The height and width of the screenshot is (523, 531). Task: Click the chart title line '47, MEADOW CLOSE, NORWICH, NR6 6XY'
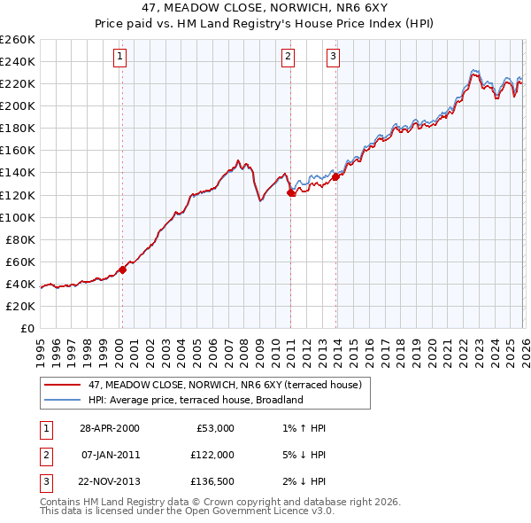point(265,9)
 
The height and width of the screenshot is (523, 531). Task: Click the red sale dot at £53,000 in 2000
point(123,269)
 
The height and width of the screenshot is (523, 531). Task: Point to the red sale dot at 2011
point(290,192)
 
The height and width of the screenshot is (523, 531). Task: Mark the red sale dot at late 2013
point(336,176)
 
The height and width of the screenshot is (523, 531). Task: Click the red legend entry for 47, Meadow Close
point(225,386)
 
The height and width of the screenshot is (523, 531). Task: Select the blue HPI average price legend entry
point(196,400)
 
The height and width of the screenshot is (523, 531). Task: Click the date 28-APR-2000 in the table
point(110,428)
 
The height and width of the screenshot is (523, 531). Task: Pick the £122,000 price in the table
point(212,455)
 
